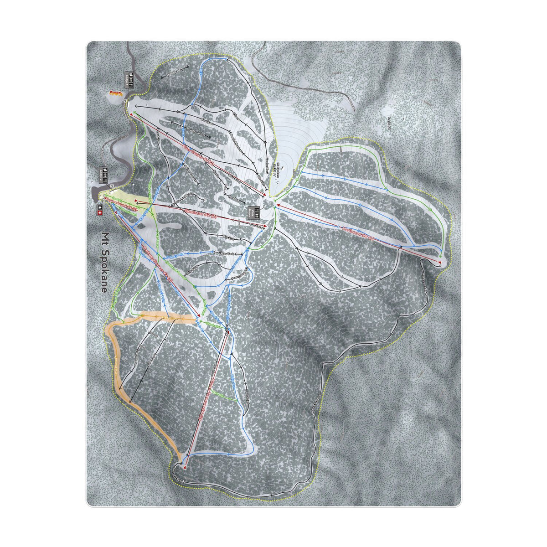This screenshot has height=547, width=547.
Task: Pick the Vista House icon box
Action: click(253, 212)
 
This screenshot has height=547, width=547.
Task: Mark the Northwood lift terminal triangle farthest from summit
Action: click(439, 263)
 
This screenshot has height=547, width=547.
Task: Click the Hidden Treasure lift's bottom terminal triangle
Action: click(185, 467)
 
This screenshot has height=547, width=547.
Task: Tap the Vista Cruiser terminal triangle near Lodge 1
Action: click(131, 114)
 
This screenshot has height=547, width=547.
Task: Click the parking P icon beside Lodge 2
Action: click(111, 186)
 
